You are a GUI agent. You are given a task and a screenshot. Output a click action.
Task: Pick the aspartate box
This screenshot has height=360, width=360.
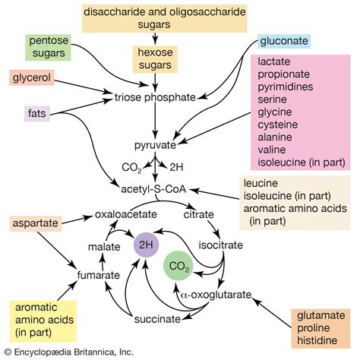pyautogui.click(x=37, y=223)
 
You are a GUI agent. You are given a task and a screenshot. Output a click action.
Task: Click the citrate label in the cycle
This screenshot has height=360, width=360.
pyautogui.click(x=199, y=215)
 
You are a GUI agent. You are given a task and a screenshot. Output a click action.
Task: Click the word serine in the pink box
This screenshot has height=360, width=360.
pyautogui.click(x=274, y=98)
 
